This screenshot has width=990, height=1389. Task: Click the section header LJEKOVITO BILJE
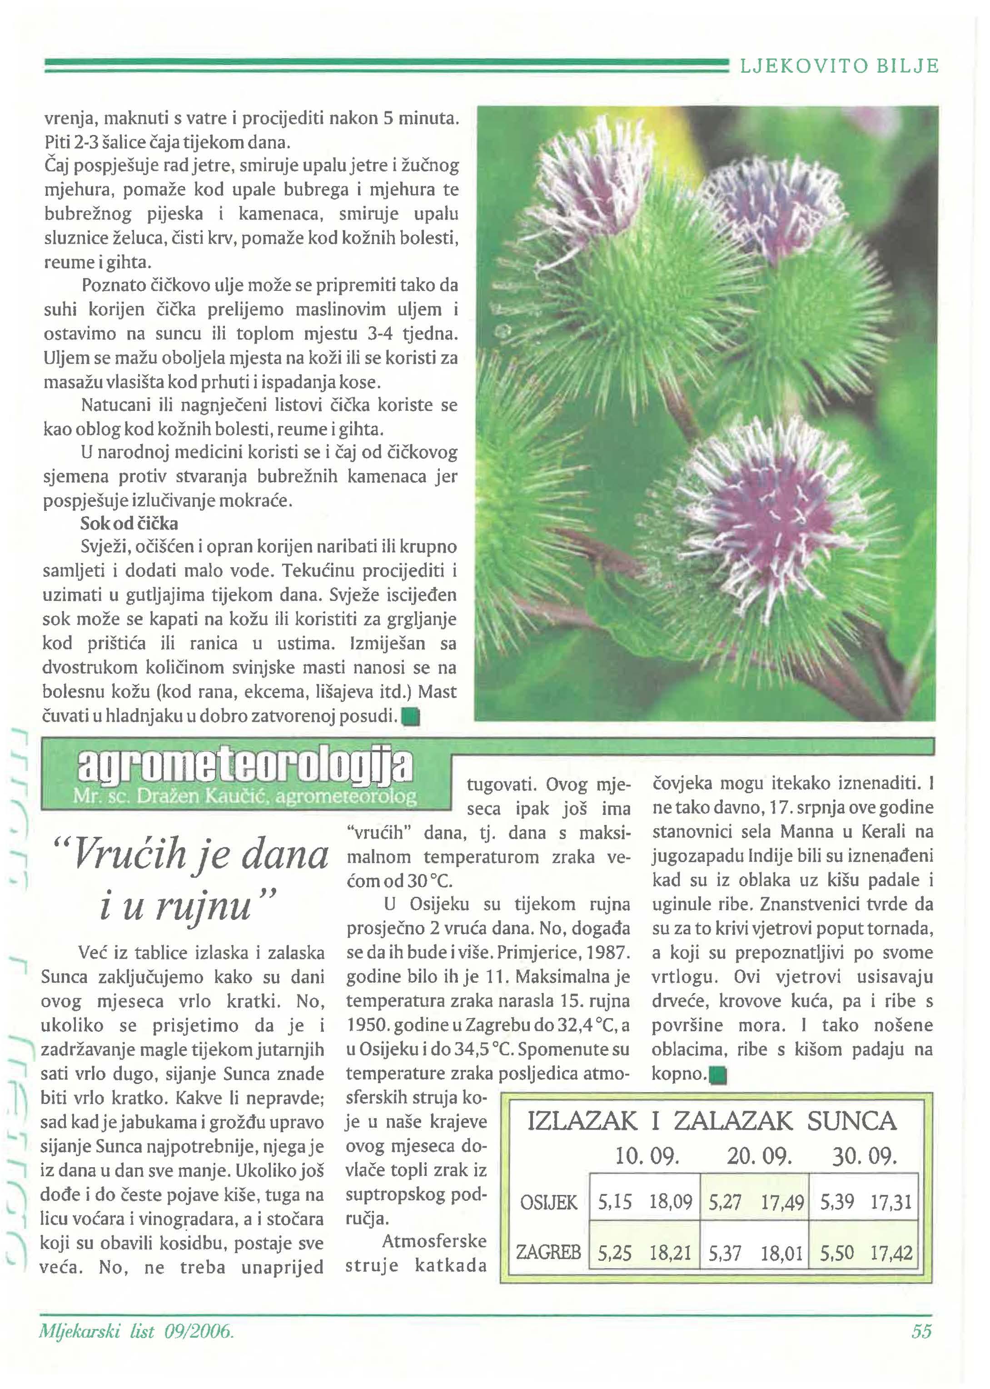point(839,66)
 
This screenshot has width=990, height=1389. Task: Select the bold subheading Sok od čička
point(129,524)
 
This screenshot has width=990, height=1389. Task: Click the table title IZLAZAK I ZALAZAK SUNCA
point(711,1121)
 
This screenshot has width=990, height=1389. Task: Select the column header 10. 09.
point(647,1156)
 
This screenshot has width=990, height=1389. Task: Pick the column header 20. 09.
point(759,1156)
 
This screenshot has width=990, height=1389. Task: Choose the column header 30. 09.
point(865,1156)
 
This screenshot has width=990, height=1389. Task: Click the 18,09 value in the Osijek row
point(671,1202)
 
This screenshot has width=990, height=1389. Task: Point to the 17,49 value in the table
point(782,1202)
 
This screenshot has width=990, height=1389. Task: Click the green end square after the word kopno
point(719,1075)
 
